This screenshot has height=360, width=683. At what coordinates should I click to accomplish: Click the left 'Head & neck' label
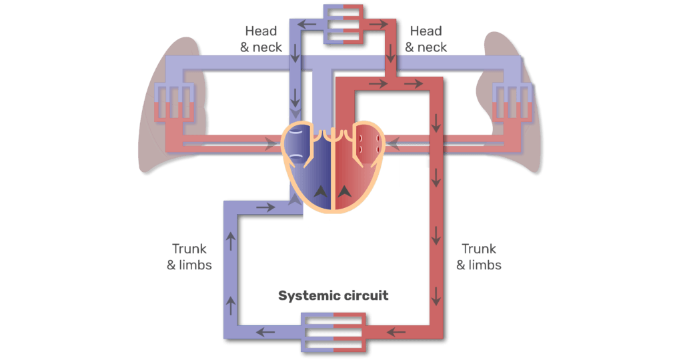pos(263,39)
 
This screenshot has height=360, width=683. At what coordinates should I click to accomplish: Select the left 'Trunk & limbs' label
pos(189,257)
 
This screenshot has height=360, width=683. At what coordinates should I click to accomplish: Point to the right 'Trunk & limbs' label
pos(479,257)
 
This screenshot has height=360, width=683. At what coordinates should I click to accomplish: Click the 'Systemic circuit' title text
pos(333,295)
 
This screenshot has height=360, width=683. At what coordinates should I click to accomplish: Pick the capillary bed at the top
pos(343,23)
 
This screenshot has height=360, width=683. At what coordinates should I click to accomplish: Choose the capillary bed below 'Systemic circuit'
pos(333,331)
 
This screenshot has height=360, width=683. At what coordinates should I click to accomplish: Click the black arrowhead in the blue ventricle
pos(321,191)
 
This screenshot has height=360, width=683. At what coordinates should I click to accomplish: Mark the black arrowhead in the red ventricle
pos(344,191)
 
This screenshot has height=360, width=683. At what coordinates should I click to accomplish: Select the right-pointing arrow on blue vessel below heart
pos(265,207)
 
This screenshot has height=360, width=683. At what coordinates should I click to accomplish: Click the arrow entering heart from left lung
pos(271,141)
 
